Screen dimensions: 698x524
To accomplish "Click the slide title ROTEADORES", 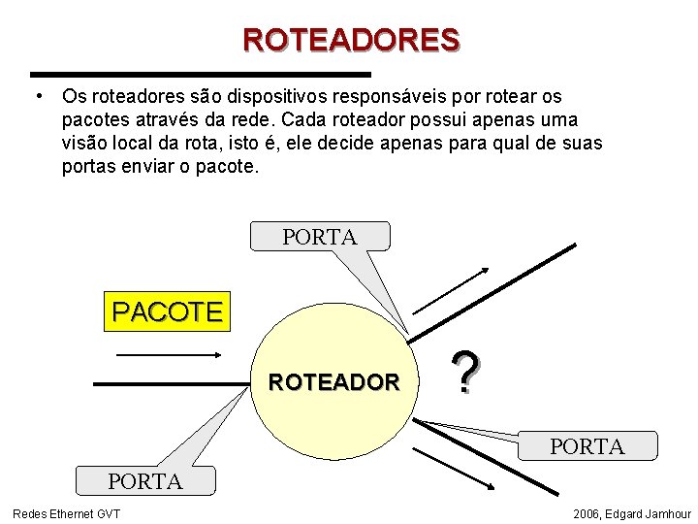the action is [x=351, y=40].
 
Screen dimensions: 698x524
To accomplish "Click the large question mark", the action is [x=465, y=374].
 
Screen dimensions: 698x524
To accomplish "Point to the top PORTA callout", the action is [x=320, y=236].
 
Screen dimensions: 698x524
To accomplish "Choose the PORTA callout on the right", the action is [x=587, y=445].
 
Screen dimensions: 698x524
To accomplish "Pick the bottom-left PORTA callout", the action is [x=145, y=481].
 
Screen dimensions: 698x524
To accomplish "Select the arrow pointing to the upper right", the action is [x=451, y=288].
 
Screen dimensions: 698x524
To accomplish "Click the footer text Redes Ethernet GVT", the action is [x=67, y=513].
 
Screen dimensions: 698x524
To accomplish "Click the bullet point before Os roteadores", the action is [x=37, y=96].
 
